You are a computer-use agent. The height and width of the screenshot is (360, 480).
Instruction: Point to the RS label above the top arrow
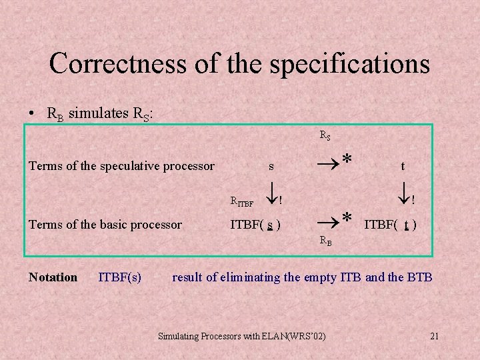[x=325, y=135]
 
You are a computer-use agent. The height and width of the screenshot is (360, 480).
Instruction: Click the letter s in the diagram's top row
[x=271, y=166]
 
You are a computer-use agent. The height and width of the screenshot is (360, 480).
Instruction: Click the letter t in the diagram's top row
[x=403, y=167]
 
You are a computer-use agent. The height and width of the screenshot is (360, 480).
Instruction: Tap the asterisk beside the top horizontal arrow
[x=347, y=159]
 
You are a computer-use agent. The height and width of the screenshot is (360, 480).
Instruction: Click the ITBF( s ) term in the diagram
[x=255, y=225]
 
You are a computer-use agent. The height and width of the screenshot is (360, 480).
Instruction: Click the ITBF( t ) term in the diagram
[x=391, y=225]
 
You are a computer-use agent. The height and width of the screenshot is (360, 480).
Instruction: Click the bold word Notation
[x=53, y=277]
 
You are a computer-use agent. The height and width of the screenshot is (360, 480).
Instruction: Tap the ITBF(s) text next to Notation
[x=119, y=277]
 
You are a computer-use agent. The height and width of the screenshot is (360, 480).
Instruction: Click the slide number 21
[x=434, y=337]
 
